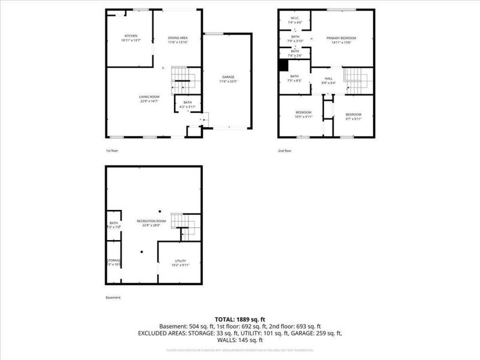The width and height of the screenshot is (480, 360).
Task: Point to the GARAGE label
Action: [228, 79]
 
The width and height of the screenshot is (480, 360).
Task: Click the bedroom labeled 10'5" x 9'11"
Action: [303, 115]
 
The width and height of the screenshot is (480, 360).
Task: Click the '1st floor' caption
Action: [112, 151]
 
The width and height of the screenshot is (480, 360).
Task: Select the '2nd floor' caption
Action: [284, 151]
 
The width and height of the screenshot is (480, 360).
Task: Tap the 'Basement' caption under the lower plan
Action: [113, 298]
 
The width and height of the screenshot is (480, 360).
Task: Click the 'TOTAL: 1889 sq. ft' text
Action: [240, 319]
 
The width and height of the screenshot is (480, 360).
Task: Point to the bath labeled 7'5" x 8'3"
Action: [295, 78]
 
